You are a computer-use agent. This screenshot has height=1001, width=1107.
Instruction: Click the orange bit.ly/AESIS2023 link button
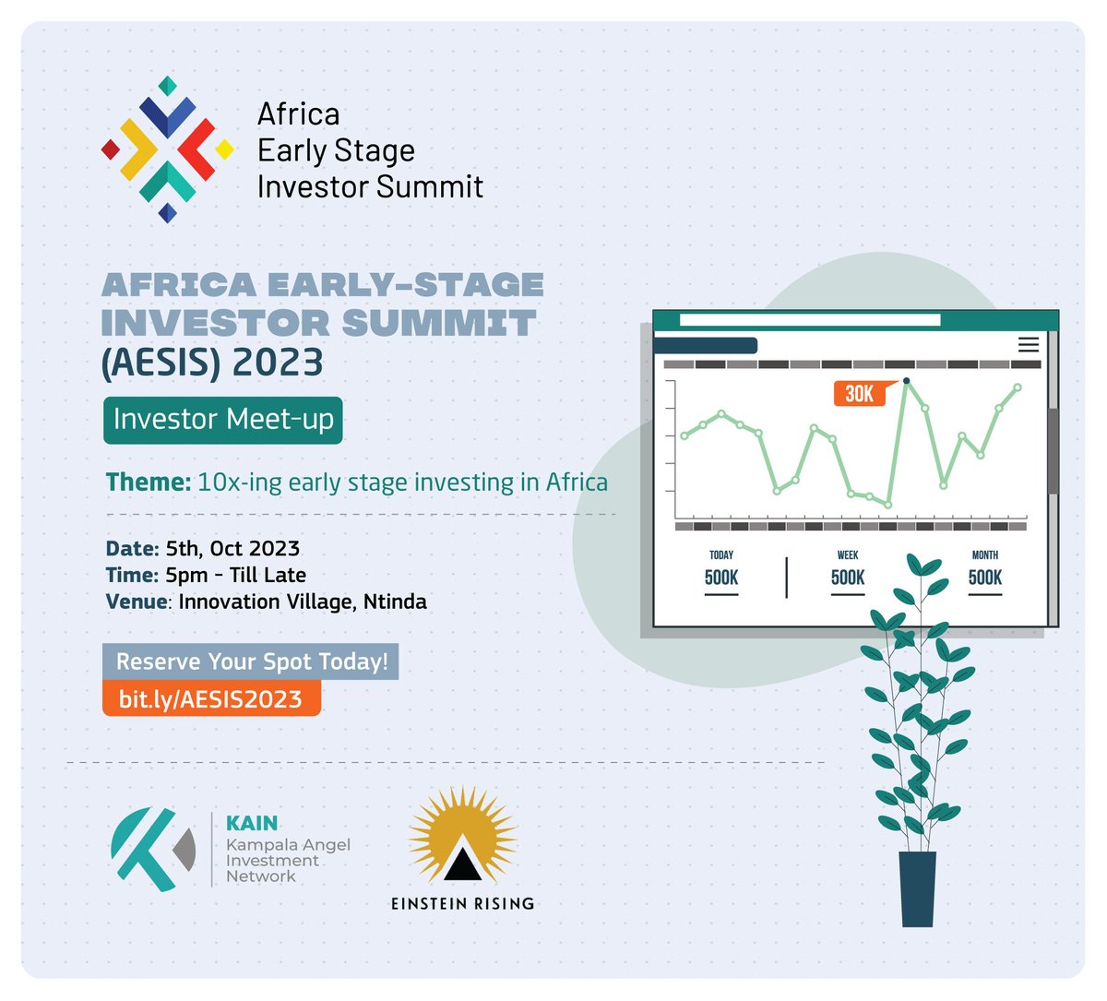click(211, 698)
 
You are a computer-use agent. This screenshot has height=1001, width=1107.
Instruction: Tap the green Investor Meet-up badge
click(222, 420)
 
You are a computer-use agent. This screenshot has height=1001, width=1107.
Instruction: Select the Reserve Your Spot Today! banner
click(250, 661)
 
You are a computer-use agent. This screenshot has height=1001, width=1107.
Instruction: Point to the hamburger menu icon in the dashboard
click(1029, 345)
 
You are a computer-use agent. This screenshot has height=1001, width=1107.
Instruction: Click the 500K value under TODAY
click(721, 578)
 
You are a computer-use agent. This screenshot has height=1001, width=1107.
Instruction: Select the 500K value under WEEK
click(848, 578)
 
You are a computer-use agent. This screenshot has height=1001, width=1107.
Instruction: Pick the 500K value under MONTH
click(985, 578)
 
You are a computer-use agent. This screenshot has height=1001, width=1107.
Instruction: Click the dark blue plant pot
click(918, 888)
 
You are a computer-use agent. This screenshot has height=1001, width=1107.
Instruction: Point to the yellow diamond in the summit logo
click(224, 149)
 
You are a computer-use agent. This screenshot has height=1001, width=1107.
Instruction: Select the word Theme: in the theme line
click(148, 483)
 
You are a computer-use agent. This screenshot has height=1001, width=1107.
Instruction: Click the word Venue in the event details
click(136, 602)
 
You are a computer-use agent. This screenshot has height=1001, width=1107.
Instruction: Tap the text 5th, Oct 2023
click(232, 549)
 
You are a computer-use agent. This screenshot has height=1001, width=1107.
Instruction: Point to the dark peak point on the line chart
click(907, 380)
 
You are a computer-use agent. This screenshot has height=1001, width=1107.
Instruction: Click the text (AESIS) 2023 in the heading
click(212, 363)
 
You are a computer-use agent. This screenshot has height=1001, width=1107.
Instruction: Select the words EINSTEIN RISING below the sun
click(462, 903)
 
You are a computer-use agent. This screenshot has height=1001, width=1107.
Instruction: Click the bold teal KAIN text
click(252, 824)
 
